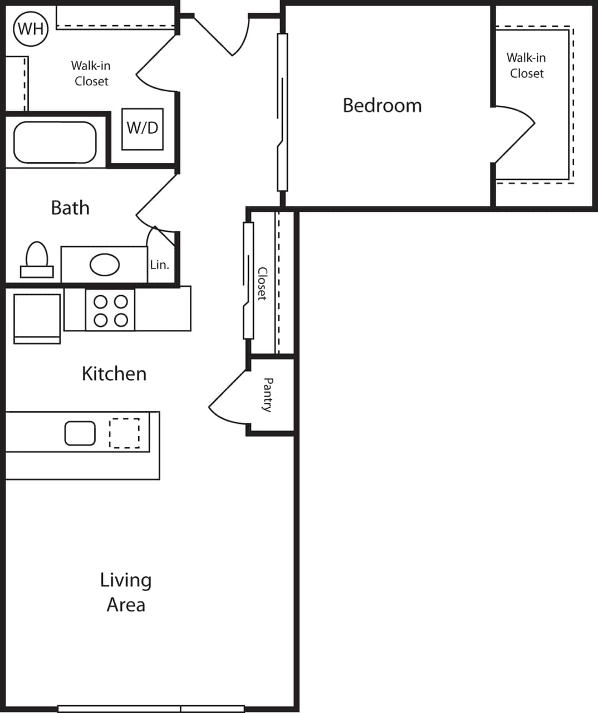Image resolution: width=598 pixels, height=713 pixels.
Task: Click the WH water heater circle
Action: point(31,28)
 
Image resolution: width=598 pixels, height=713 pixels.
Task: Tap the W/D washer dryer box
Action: point(143,129)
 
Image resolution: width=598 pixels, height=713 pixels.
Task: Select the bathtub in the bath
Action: point(55,143)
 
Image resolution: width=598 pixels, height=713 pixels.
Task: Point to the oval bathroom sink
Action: point(105,265)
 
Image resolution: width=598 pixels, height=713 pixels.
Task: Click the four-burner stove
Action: point(110,310)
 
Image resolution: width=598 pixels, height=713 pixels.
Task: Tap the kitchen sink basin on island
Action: point(80,433)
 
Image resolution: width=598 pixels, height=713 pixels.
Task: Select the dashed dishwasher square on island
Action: point(124,433)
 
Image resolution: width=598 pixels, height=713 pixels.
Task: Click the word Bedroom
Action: point(382,105)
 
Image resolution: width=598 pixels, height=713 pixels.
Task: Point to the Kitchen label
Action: point(114,373)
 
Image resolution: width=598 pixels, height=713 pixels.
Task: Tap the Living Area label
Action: point(126,592)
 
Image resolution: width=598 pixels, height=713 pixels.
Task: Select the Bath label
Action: point(70,208)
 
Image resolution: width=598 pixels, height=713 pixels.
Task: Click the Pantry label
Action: point(268,394)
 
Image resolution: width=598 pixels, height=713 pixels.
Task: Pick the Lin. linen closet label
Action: point(159,265)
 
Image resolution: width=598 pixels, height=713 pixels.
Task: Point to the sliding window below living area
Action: point(151,709)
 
